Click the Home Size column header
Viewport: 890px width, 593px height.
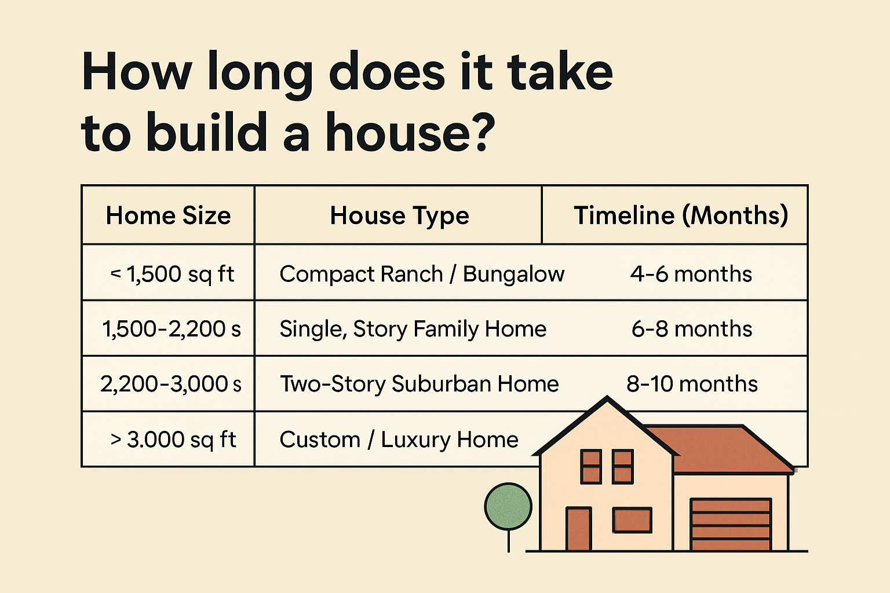tap(168, 215)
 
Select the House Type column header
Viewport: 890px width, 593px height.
tap(399, 215)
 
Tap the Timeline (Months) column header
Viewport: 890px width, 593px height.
tap(681, 215)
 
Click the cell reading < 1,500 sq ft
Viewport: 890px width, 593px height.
tap(172, 273)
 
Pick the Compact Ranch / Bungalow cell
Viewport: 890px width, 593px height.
tap(421, 273)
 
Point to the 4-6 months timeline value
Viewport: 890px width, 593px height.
tap(691, 273)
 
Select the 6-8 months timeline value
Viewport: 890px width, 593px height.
tap(691, 328)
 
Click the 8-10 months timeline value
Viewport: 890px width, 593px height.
tap(692, 383)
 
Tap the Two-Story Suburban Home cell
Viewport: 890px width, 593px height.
tap(419, 383)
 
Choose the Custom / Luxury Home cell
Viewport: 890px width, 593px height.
tap(399, 440)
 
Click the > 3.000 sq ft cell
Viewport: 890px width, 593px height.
tap(173, 440)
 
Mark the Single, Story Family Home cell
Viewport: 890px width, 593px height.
tap(413, 328)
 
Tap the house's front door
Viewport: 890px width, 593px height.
tap(578, 528)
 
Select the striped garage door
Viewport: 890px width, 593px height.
tap(731, 524)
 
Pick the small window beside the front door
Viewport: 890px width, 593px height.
tap(632, 519)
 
